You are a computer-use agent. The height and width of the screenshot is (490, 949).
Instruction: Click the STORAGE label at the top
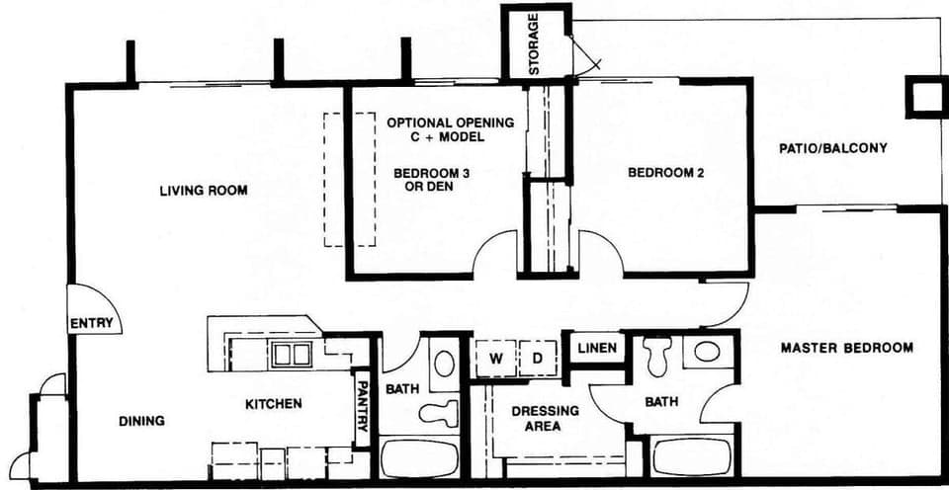(x=534, y=44)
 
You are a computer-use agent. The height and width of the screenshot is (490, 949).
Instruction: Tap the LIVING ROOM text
(x=204, y=191)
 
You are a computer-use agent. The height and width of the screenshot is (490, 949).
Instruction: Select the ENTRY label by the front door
(x=93, y=324)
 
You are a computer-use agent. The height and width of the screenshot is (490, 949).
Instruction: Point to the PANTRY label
(x=363, y=406)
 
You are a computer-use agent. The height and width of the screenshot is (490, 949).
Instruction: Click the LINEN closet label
(x=597, y=349)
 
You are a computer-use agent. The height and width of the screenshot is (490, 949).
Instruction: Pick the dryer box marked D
(x=539, y=357)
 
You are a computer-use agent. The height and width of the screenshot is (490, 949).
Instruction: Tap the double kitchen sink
(x=292, y=354)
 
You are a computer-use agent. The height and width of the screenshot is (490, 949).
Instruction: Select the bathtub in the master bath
(x=691, y=457)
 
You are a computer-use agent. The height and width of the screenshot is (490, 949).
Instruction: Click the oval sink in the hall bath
(x=445, y=363)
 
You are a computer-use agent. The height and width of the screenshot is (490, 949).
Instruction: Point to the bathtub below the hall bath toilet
(x=420, y=458)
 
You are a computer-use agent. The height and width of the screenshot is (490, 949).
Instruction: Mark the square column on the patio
(x=926, y=97)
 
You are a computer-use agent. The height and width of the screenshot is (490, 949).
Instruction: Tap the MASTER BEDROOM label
(x=846, y=348)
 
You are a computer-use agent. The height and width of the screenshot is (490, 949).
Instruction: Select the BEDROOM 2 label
(x=665, y=173)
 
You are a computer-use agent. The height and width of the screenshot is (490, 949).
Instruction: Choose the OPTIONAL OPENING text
(x=450, y=123)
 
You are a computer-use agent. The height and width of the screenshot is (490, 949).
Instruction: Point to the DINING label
(x=141, y=421)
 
